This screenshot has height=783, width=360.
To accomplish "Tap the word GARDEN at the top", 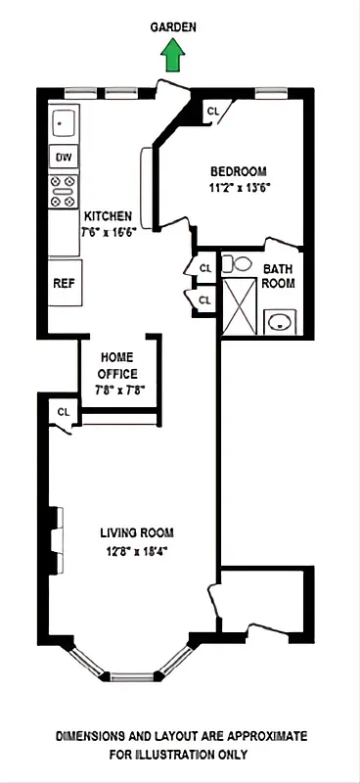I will click(173, 29).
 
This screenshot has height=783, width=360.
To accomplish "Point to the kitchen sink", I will click(64, 124).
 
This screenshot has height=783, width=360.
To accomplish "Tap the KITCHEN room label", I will click(108, 216).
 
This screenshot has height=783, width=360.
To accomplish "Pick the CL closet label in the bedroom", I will click(213, 112).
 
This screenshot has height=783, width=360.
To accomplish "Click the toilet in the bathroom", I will click(237, 263).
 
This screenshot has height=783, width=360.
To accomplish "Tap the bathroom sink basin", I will click(282, 319).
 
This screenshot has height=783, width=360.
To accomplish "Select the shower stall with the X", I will click(240, 306).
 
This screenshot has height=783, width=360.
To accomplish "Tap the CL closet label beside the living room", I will click(64, 412).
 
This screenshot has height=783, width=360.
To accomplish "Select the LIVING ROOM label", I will click(136, 533).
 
